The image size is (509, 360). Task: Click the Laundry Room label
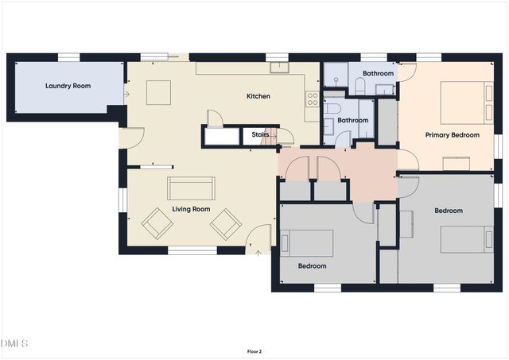(67, 85)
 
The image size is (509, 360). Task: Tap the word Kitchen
(258, 96)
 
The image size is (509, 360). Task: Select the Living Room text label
(191, 209)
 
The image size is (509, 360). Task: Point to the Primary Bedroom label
(452, 135)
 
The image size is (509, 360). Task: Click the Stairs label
(260, 135)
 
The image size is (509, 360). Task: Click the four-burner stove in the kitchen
(313, 99)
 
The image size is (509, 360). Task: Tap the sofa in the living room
(190, 188)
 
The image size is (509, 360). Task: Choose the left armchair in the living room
(157, 224)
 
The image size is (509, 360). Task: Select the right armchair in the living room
(225, 223)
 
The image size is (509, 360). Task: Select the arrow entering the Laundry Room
(126, 94)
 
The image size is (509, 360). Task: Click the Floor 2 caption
(254, 350)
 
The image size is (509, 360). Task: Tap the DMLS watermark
(14, 343)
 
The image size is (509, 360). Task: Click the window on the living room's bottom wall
(192, 250)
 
